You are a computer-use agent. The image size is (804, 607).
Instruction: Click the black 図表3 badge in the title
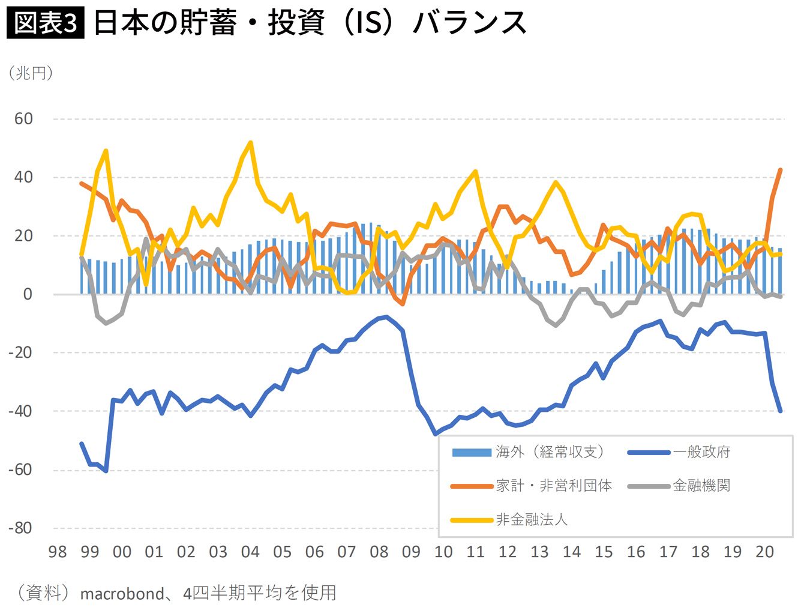pos(45,23)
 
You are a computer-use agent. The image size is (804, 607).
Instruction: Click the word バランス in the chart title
pos(469,23)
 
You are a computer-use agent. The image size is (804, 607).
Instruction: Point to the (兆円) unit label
pos(31,73)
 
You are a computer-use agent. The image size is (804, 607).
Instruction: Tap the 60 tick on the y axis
pos(23,119)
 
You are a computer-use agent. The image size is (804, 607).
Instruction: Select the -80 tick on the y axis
pos(20,528)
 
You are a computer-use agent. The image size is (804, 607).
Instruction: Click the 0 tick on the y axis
pos(28,294)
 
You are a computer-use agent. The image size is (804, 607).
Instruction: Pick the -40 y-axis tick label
pos(20,411)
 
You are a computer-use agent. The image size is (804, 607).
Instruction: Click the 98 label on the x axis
pos(58,552)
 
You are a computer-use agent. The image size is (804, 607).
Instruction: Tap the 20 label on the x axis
pos(764,552)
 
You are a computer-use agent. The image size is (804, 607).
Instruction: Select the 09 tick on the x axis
pos(411,552)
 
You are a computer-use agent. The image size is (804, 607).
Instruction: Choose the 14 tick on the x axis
pos(572,552)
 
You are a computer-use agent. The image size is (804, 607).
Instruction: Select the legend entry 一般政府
pos(701,452)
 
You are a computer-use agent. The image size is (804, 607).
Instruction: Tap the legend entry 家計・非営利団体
pos(553,486)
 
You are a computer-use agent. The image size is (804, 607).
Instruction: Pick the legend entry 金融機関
pos(701,486)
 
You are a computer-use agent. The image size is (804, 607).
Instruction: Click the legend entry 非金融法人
pos(531,519)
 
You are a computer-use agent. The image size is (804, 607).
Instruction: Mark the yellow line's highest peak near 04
pos(250,142)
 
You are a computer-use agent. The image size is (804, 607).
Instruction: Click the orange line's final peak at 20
pos(781,169)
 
